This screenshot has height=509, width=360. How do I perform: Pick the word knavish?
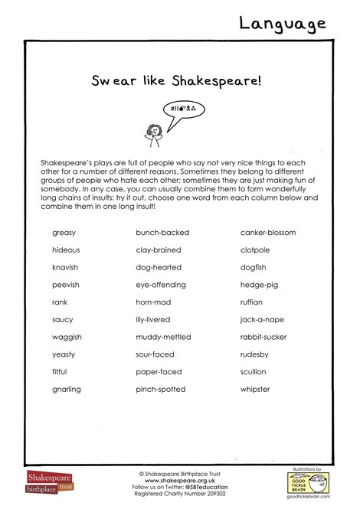65,267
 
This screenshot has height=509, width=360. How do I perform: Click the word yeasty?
64,354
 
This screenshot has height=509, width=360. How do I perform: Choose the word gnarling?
67,390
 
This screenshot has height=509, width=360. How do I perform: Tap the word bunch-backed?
162,232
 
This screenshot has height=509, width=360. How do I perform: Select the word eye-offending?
162,285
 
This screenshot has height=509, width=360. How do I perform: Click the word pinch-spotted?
161,390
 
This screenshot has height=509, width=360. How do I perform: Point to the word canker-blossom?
268,232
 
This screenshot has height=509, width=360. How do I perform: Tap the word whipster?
255,390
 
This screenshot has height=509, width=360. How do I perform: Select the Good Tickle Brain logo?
307,481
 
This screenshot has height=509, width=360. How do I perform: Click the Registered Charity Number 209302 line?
178,493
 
